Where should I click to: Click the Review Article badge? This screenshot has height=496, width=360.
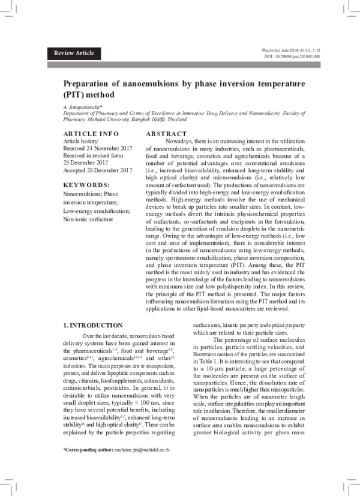click(x=74, y=53)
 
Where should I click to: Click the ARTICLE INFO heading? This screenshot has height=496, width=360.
click(x=91, y=133)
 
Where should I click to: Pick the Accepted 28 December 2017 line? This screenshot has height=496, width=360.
click(x=98, y=170)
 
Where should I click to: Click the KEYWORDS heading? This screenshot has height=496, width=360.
click(x=86, y=185)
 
